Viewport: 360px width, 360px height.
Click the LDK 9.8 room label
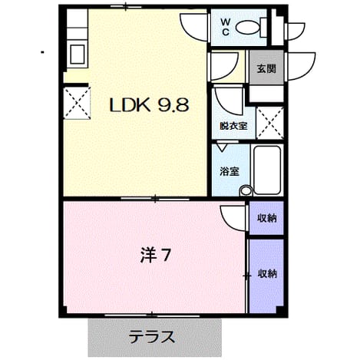(149, 105)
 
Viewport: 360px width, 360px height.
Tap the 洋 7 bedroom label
(155, 255)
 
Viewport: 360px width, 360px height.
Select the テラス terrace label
(152, 337)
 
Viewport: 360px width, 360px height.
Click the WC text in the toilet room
(226, 28)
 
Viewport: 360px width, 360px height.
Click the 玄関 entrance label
(266, 68)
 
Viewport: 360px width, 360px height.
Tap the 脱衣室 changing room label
(233, 126)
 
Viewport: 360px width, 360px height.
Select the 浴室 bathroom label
(230, 171)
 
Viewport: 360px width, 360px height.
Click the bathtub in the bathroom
(267, 170)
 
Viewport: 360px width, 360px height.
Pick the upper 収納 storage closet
(266, 218)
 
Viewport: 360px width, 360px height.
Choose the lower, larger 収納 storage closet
(266, 276)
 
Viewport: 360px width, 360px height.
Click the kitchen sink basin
(78, 54)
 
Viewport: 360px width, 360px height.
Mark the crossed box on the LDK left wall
(77, 103)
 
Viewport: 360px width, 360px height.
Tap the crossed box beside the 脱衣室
(270, 124)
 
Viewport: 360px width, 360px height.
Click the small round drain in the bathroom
(246, 190)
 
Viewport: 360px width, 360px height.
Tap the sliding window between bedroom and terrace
(152, 315)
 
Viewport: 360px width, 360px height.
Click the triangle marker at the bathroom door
(222, 147)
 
